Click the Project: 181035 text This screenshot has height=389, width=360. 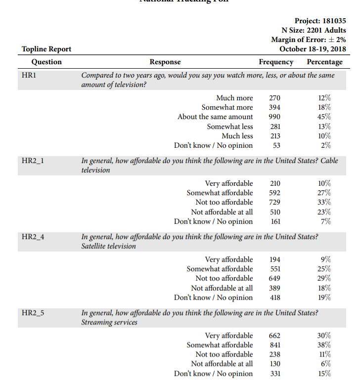click(320, 21)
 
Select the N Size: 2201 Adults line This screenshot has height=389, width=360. click(314, 30)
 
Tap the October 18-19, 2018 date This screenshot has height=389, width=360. click(313, 49)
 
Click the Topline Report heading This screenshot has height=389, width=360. click(46, 49)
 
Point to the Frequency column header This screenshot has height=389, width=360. click(276, 62)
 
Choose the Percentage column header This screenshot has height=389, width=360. click(324, 62)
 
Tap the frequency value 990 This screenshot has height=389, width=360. click(275, 117)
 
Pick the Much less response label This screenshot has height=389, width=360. click(237, 136)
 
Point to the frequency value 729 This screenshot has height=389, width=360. click(275, 203)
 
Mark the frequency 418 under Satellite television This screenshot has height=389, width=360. click(275, 298)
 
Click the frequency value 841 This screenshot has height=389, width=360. click(275, 345)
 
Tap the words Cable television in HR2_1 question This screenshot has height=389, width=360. click(96, 170)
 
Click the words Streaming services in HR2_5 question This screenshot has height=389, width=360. click(109, 322)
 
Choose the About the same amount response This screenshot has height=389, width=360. click(215, 117)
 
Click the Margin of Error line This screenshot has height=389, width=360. click(309, 40)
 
